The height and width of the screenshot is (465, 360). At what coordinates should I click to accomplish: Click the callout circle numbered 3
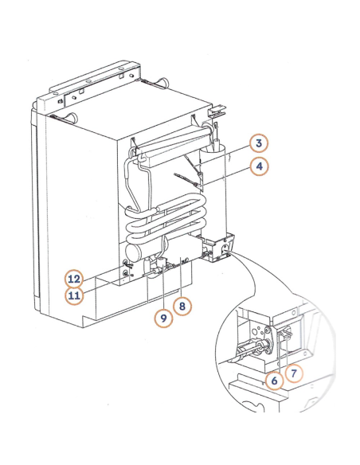pos(258,144)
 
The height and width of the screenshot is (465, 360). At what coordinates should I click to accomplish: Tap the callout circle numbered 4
pos(258,166)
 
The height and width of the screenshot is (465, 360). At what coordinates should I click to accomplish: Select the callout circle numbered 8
pos(182,304)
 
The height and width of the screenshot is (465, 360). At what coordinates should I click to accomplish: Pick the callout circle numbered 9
pos(162,318)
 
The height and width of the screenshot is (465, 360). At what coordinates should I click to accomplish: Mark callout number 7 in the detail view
pos(295,371)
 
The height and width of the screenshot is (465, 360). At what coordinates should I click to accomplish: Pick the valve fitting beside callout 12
pos(126,272)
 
